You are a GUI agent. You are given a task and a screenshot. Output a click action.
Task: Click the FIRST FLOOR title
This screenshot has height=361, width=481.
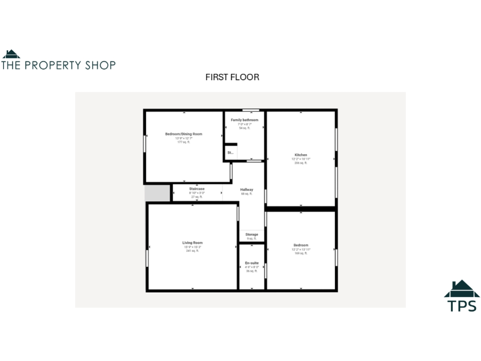(232, 77)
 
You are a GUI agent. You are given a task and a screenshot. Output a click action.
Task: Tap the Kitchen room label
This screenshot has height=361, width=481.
(301, 155)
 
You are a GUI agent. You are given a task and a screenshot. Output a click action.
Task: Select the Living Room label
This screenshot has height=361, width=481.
(192, 243)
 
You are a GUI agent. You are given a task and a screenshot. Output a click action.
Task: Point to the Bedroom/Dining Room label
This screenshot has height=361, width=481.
(184, 133)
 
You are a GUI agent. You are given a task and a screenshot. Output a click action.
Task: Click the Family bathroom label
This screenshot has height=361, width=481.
(244, 120)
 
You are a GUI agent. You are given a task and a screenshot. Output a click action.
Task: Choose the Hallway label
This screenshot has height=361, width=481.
(246, 189)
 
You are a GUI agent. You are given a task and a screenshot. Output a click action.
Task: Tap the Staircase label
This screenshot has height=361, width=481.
(197, 189)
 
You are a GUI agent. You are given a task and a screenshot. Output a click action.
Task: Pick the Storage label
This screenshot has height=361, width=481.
(251, 234)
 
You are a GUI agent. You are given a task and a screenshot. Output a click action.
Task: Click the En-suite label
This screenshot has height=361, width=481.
(251, 263)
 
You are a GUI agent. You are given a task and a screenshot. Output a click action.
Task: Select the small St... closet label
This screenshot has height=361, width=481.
(230, 152)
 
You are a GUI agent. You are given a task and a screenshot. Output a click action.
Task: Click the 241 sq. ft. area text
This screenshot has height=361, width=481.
(192, 251)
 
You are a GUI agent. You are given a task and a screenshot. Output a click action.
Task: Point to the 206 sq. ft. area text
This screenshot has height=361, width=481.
(301, 163)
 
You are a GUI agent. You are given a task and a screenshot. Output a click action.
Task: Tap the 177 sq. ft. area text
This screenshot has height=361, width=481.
(184, 142)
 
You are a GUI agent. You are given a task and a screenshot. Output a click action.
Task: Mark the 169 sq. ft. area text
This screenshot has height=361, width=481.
(301, 253)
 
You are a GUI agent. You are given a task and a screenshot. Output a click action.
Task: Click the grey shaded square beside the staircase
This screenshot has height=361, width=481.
(157, 193)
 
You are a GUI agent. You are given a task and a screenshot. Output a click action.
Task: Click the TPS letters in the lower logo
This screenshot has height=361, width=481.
(462, 306)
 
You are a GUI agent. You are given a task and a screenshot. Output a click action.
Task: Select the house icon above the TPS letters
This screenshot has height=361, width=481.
(462, 289)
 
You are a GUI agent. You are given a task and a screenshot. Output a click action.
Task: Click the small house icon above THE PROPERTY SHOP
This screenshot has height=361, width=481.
(11, 54)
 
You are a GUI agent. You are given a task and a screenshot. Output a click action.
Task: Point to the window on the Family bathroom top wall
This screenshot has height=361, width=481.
(251, 110)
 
